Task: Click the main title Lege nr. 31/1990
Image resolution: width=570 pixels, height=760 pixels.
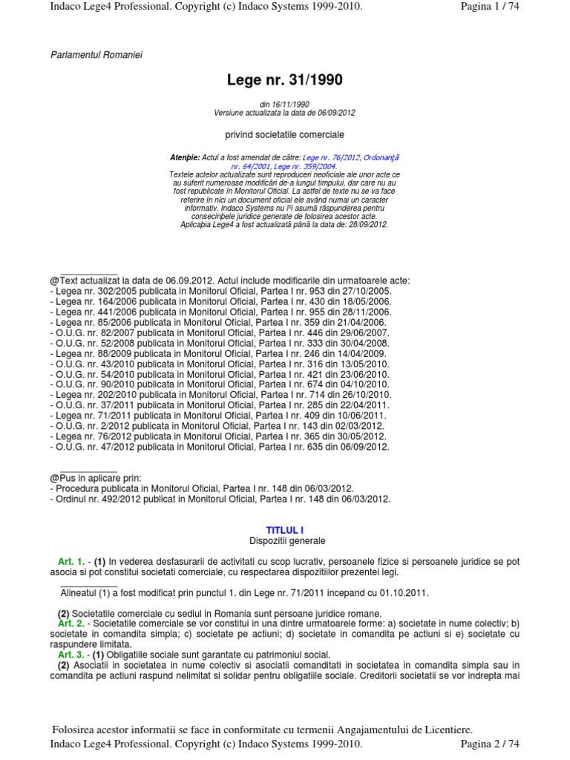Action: [284, 79]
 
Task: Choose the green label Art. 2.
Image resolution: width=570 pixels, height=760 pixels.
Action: [71, 624]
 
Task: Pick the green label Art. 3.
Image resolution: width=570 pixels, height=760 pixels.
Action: [71, 655]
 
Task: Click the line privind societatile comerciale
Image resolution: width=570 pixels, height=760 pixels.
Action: [285, 135]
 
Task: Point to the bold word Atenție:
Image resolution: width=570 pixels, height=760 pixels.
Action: [185, 157]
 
